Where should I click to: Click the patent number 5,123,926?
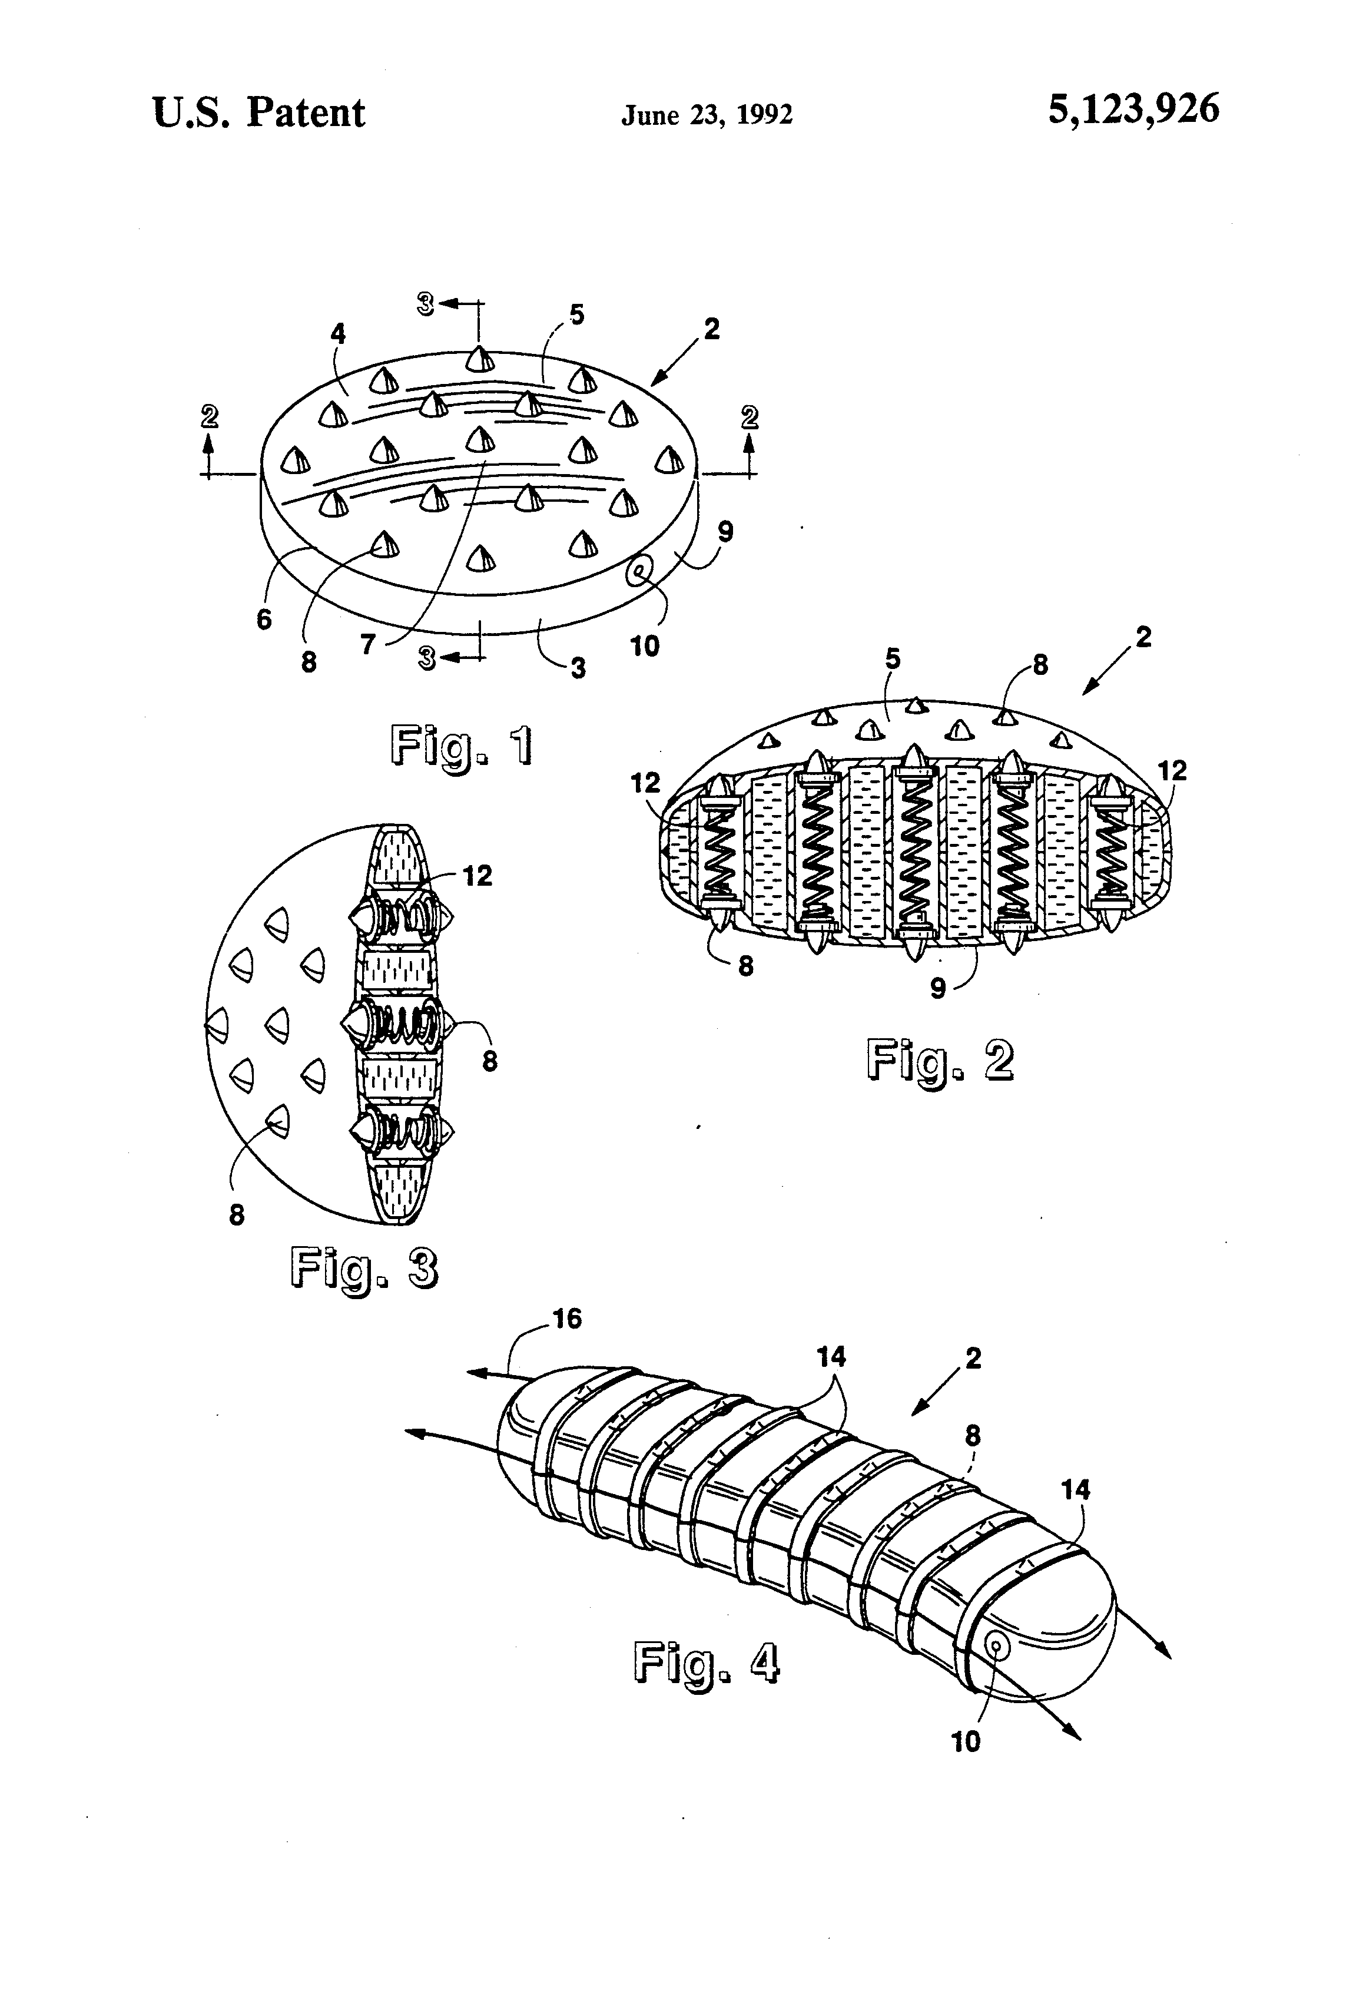[1133, 111]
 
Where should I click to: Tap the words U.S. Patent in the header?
[258, 113]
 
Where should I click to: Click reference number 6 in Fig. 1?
[264, 619]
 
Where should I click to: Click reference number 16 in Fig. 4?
[566, 1318]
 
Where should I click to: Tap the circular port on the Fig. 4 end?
[998, 1647]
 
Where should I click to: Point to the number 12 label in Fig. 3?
[477, 876]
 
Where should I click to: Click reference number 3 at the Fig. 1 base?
[578, 668]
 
